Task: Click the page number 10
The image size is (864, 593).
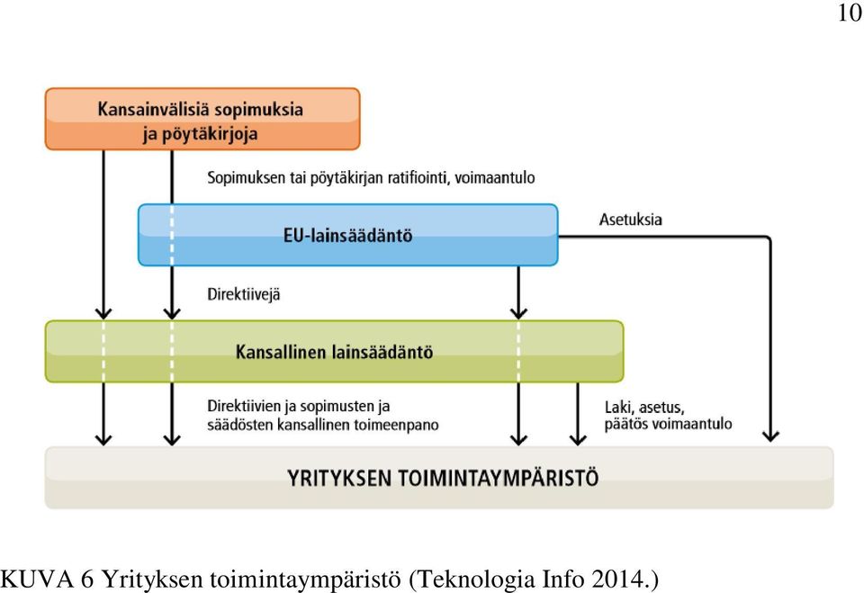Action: click(x=849, y=13)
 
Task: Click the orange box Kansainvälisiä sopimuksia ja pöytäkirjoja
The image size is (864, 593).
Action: click(x=202, y=119)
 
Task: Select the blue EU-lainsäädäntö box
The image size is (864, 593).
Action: click(x=347, y=235)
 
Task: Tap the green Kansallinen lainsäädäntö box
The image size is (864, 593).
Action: click(x=334, y=351)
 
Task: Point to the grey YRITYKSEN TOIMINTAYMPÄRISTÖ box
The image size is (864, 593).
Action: click(x=439, y=477)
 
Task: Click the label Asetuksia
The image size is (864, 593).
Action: click(x=630, y=220)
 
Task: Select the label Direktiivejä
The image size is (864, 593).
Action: click(x=244, y=294)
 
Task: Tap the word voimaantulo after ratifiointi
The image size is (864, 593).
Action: click(x=495, y=177)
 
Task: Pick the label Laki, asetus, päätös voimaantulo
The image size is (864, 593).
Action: click(x=668, y=416)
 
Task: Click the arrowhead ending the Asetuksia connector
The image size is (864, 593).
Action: click(x=770, y=436)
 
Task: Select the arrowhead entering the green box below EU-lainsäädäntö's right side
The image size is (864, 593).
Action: click(x=518, y=313)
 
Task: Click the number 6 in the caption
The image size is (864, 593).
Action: click(x=87, y=580)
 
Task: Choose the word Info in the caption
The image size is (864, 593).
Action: click(x=563, y=580)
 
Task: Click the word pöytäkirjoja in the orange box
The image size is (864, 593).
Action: click(x=210, y=134)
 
